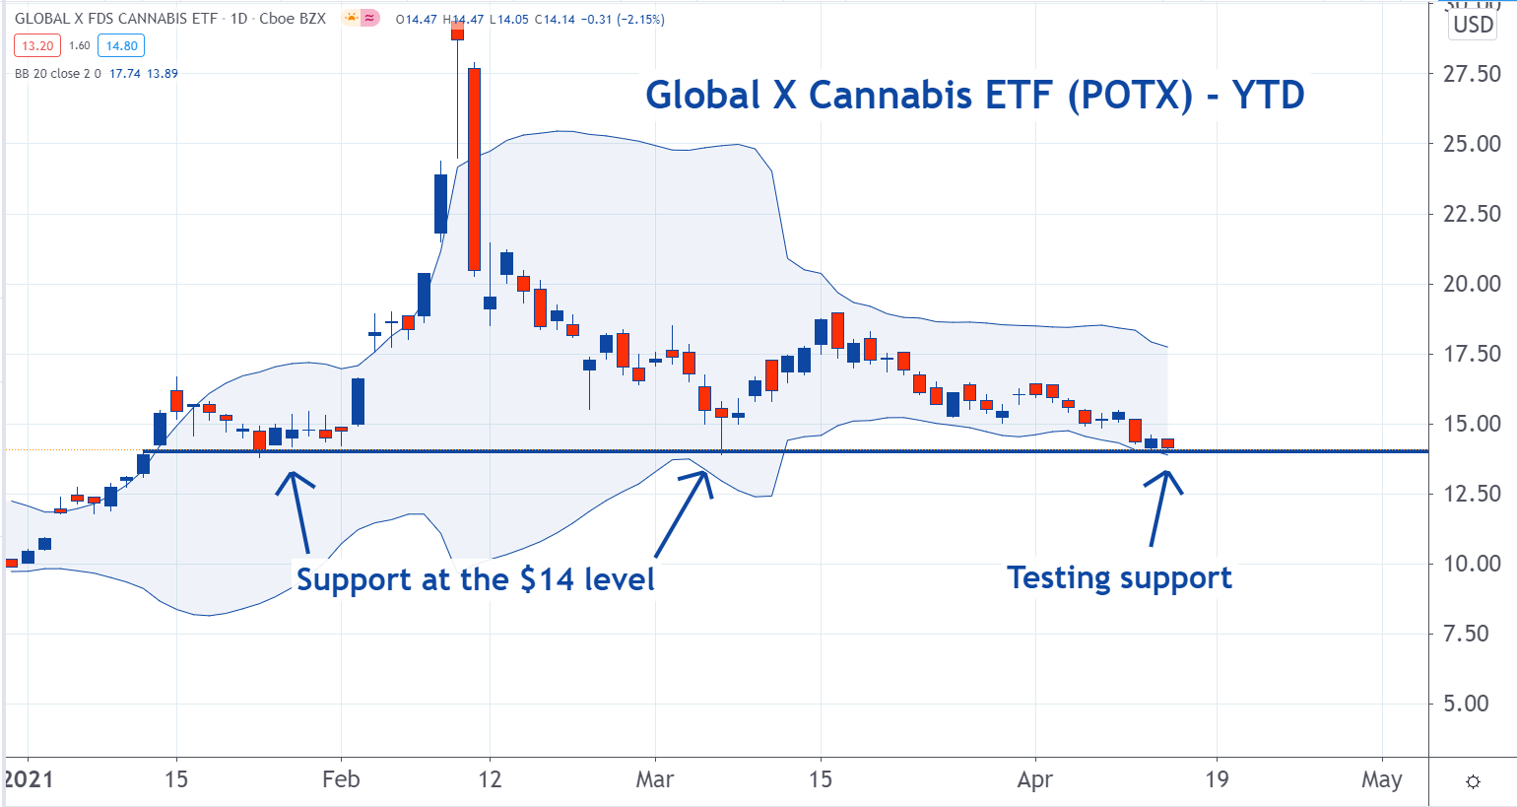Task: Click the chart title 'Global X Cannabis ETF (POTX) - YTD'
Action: click(974, 96)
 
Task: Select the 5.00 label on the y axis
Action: click(1471, 704)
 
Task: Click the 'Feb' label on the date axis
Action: click(341, 779)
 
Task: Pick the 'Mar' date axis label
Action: click(655, 779)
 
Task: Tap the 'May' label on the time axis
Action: click(1382, 779)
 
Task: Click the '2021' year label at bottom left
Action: click(29, 779)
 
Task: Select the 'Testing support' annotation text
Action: click(1119, 577)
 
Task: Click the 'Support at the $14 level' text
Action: click(475, 578)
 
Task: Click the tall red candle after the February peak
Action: click(474, 168)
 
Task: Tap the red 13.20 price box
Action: click(37, 45)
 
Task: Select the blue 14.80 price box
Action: click(121, 45)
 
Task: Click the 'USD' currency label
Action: click(1474, 25)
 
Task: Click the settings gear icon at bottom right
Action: click(1473, 781)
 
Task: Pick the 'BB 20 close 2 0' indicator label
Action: click(57, 73)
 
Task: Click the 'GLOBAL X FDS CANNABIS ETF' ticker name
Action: click(116, 19)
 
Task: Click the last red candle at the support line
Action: click(1167, 443)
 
